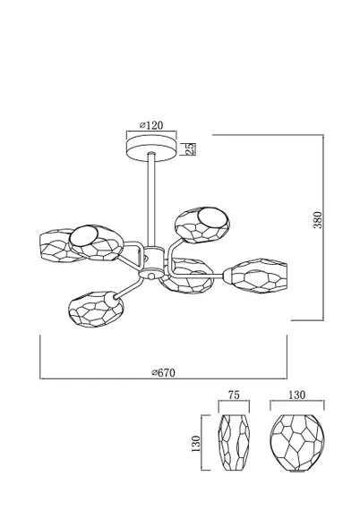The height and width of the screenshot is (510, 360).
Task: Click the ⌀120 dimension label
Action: tap(151, 125)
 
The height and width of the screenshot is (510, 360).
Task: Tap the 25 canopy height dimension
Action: tap(191, 149)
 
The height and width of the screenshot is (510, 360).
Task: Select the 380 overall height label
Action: tap(318, 220)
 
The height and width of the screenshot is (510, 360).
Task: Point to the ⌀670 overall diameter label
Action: tap(163, 372)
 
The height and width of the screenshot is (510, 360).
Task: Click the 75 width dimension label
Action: tap(234, 395)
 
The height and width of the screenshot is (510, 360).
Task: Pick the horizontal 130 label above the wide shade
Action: tap(296, 395)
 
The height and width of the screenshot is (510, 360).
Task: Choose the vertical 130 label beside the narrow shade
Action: tap(196, 444)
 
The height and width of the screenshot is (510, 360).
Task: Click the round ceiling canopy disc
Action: tap(151, 149)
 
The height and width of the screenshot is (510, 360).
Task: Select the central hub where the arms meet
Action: tap(151, 260)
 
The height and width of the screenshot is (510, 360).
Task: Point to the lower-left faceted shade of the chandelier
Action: tap(96, 309)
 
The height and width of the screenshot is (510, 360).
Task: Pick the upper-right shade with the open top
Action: tap(202, 225)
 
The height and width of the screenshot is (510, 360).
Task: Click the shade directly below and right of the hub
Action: tap(187, 276)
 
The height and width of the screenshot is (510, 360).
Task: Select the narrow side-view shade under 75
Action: tap(234, 443)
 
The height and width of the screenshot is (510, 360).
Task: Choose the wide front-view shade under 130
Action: tap(297, 443)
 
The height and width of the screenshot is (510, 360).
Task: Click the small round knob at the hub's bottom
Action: tap(151, 276)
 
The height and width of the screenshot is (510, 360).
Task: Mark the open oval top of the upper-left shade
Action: tap(84, 236)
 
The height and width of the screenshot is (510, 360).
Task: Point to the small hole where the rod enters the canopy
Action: tap(151, 154)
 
